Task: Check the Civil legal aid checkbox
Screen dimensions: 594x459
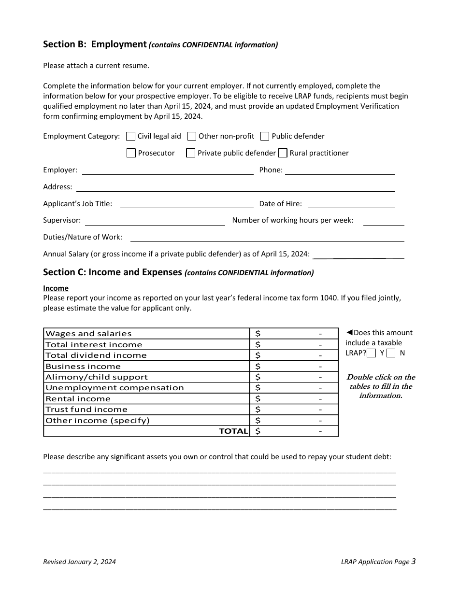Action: click(x=130, y=136)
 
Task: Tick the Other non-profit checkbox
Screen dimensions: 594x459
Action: click(x=192, y=136)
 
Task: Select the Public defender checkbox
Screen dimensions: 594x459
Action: click(x=265, y=136)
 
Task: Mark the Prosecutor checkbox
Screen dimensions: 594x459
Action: click(x=131, y=153)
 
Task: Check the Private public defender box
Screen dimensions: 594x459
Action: click(x=191, y=153)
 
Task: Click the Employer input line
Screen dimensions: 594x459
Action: click(x=168, y=170)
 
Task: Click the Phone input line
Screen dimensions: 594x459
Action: click(x=340, y=170)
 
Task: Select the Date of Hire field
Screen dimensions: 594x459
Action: click(x=351, y=204)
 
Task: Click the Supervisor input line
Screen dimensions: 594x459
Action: click(x=155, y=221)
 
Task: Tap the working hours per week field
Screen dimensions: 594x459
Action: click(x=383, y=221)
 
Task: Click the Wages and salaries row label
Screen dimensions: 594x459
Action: click(x=88, y=334)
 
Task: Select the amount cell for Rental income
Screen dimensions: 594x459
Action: click(x=294, y=399)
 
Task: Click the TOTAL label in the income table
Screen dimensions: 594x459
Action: click(x=233, y=431)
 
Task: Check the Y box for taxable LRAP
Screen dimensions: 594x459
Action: click(x=371, y=353)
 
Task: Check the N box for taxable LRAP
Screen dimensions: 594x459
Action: click(x=391, y=353)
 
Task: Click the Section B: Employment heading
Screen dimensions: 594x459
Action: click(x=95, y=44)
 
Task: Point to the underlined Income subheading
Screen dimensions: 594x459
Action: click(x=56, y=288)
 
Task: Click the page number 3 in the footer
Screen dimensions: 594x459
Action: click(x=414, y=561)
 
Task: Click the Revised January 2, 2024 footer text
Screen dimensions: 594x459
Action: click(x=79, y=562)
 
